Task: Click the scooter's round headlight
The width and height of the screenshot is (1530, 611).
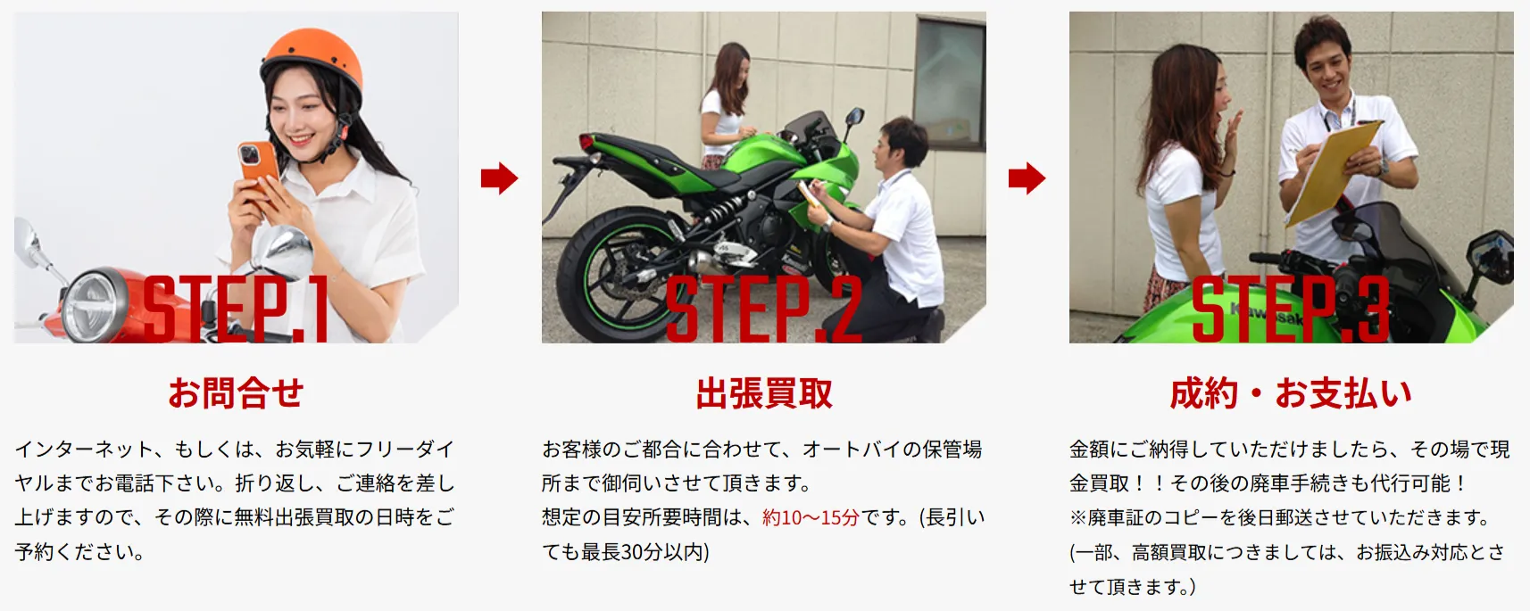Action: [x=95, y=305]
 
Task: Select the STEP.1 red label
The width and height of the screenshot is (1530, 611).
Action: [x=236, y=310]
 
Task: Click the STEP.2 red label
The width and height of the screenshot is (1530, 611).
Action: [x=763, y=310]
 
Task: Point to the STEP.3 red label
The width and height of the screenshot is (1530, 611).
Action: [x=1290, y=310]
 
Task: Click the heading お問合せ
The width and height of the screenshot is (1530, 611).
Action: [x=237, y=392]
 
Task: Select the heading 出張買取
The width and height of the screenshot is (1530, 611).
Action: [x=763, y=392]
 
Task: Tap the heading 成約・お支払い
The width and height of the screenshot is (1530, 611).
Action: [x=1291, y=392]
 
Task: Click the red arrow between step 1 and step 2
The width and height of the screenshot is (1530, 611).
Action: [x=499, y=178]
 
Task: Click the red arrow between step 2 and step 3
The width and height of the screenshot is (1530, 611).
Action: [x=1027, y=178]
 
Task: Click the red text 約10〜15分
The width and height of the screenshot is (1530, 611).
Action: [x=811, y=517]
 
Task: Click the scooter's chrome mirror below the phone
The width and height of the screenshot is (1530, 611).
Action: [x=281, y=251]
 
